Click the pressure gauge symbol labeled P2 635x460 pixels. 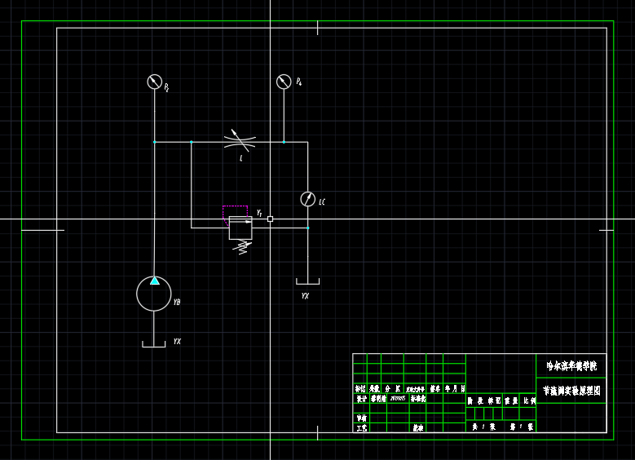[x=154, y=82]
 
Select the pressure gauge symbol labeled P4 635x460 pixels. [x=284, y=82]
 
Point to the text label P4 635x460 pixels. [x=299, y=82]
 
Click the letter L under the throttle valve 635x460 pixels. [x=240, y=159]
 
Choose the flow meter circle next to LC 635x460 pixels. [x=307, y=199]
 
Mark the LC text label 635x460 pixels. [x=322, y=202]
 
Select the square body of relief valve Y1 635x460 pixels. [x=240, y=228]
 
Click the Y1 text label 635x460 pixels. [x=259, y=213]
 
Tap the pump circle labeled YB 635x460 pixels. [x=154, y=294]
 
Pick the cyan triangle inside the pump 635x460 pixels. [x=154, y=281]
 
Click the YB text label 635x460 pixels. [x=177, y=303]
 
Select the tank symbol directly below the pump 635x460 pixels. [x=154, y=345]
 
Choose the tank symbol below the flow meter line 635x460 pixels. [x=307, y=282]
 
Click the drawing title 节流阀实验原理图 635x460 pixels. [x=571, y=391]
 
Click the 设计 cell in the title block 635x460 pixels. [x=361, y=399]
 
